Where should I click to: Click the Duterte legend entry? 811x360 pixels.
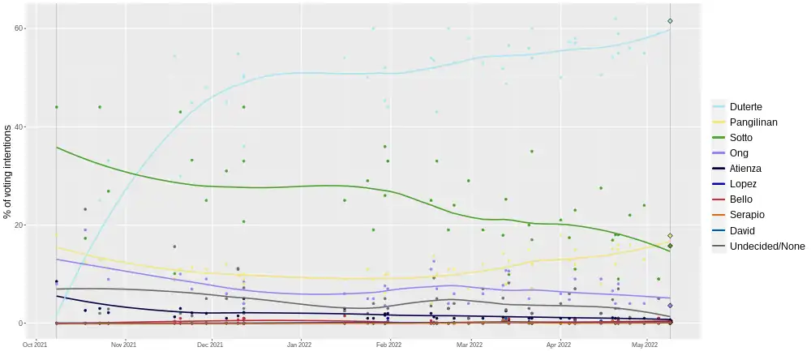(745, 107)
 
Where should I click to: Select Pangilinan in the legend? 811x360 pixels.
(754, 122)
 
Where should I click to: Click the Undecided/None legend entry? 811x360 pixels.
(766, 246)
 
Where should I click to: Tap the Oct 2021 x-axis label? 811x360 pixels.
(36, 345)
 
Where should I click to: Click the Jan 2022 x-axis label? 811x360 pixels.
(300, 345)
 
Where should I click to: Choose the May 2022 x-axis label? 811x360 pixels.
(645, 345)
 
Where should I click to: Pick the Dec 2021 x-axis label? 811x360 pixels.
(210, 345)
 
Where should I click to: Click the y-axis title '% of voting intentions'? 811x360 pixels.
(7, 171)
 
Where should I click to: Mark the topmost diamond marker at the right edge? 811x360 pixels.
(670, 21)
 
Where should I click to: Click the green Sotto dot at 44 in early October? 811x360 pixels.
(56, 107)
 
